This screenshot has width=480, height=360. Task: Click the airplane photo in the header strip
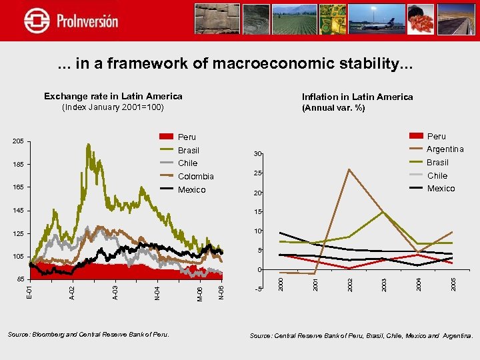point(385,19)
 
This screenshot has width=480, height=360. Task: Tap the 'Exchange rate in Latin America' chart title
point(113,96)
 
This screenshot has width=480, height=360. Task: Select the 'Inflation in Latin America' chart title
point(357,97)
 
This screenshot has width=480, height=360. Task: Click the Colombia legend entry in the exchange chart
point(195,177)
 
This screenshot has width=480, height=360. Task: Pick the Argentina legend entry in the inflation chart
point(445,149)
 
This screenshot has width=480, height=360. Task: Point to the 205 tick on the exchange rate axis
point(18,141)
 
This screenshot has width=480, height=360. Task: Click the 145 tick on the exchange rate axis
point(18,211)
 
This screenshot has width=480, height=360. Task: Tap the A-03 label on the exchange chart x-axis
point(115,291)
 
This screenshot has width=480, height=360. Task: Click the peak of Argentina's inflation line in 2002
point(349,169)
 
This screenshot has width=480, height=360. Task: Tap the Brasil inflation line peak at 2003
point(383,212)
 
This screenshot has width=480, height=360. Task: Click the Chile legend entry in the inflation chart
point(437,175)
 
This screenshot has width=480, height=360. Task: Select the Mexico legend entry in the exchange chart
point(192,190)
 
